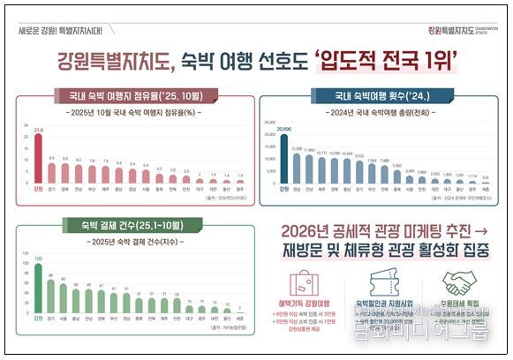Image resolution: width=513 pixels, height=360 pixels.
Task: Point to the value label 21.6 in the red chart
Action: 38,130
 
